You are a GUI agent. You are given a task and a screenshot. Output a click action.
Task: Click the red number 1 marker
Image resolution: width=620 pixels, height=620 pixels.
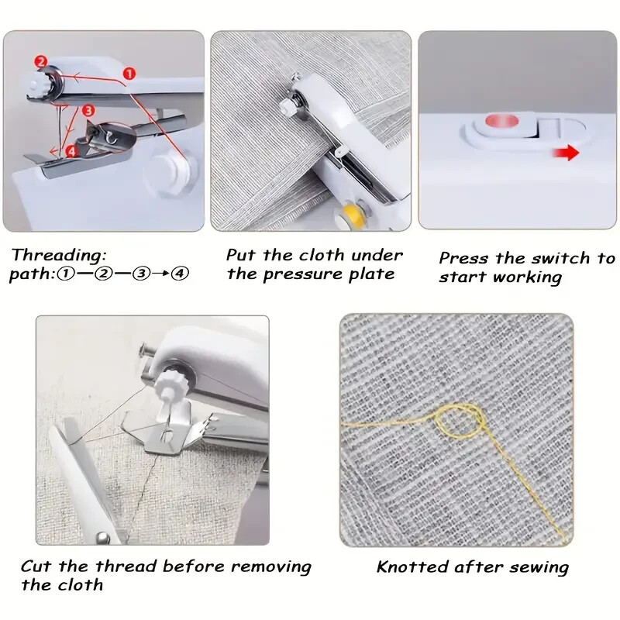pos(129,73)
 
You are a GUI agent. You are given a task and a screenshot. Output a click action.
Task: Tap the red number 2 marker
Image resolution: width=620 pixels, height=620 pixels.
pos(41,61)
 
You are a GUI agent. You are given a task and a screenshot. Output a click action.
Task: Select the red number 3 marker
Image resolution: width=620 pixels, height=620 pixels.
pos(88,111)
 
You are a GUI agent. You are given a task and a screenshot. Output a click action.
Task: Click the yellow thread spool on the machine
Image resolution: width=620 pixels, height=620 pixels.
pos(354,212)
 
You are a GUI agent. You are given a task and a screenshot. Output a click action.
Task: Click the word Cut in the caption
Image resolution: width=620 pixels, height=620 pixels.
pos(36,567)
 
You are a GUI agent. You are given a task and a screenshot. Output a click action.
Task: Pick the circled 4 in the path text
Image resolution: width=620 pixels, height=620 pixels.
pos(180,274)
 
